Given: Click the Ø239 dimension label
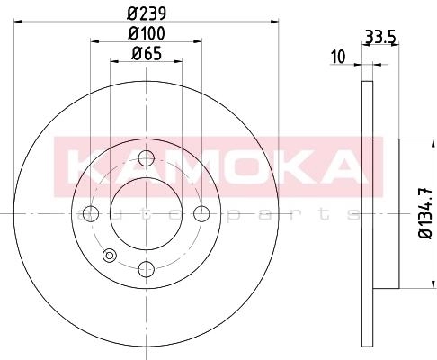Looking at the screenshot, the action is click(x=147, y=13).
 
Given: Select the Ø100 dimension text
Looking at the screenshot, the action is click(x=147, y=33).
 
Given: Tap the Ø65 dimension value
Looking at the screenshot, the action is click(x=147, y=54).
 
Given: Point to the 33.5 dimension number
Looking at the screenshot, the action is click(x=381, y=38).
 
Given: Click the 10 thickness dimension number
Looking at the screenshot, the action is click(x=337, y=57).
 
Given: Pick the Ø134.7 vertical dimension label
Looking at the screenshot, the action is click(x=425, y=213).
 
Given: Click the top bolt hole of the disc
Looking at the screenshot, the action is click(x=147, y=158).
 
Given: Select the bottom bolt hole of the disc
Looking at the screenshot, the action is click(x=147, y=269).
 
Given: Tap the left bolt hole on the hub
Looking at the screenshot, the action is click(x=91, y=213).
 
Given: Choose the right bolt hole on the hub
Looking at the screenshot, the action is click(x=201, y=213).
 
